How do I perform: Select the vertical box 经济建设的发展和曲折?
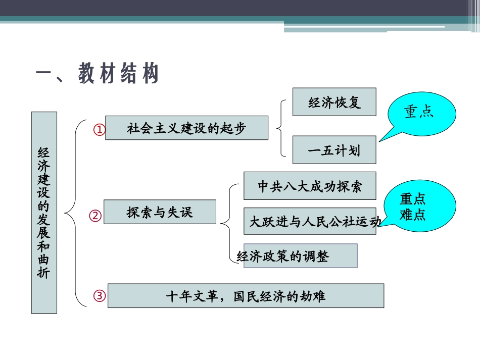tap(44, 212)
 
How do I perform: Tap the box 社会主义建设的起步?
tap(186, 128)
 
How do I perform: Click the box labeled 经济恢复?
tap(334, 101)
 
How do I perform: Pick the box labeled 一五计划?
tap(334, 150)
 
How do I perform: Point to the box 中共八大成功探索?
tap(310, 186)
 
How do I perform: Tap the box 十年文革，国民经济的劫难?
tap(246, 295)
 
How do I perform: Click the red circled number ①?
tap(100, 130)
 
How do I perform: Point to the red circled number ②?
tap(95, 216)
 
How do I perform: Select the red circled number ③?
tap(100, 296)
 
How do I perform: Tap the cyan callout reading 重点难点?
tap(413, 207)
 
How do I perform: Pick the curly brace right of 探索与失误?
tap(227, 222)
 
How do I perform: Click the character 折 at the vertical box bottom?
tap(44, 273)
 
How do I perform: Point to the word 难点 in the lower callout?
tap(413, 215)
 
